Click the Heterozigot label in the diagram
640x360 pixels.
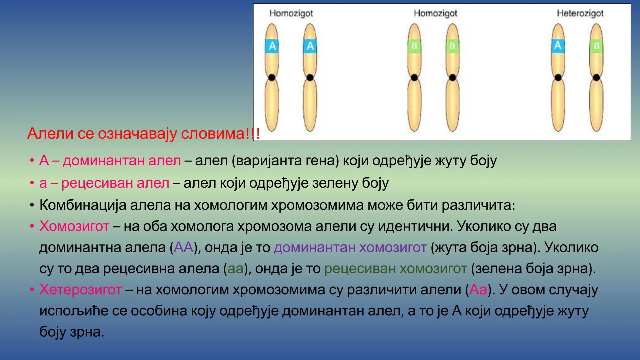pos(580,13)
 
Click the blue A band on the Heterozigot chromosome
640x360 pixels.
pos(558,45)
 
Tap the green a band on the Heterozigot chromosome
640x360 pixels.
pos(596,45)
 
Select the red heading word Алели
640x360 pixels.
pos(50,133)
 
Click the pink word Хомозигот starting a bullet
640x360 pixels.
pos(74,226)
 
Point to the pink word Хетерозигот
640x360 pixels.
pos(80,290)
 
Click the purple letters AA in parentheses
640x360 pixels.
pos(184,247)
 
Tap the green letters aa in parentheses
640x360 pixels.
pos(235,269)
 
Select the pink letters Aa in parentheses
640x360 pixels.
pos(478,290)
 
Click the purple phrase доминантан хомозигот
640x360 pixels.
pos(350,247)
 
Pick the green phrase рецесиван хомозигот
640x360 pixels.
pos(395,269)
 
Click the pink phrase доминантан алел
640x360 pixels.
pos(122,161)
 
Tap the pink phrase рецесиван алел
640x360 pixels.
pos(115,183)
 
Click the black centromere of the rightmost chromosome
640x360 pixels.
pos(596,78)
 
